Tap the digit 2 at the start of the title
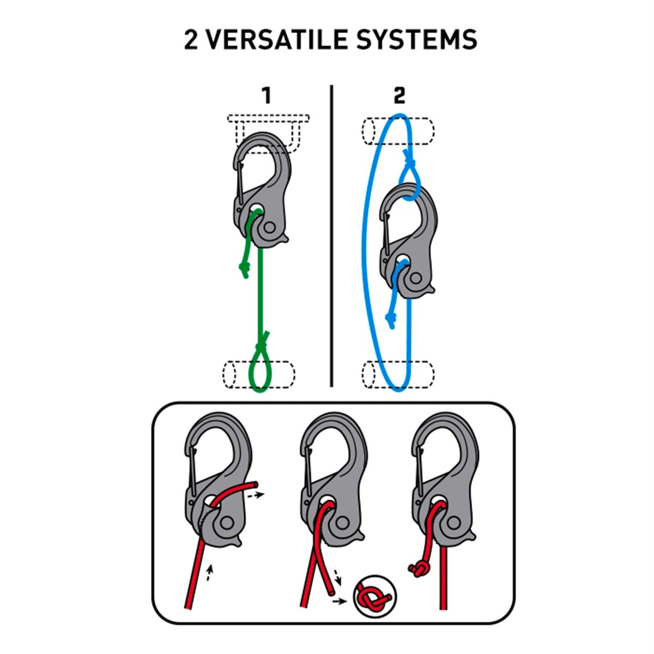[x=191, y=40]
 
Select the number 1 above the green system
[x=267, y=96]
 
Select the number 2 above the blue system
[x=399, y=96]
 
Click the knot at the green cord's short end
[x=244, y=269]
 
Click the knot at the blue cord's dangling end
[x=390, y=318]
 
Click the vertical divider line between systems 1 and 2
[x=331, y=236]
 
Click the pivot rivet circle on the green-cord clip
[x=269, y=228]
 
